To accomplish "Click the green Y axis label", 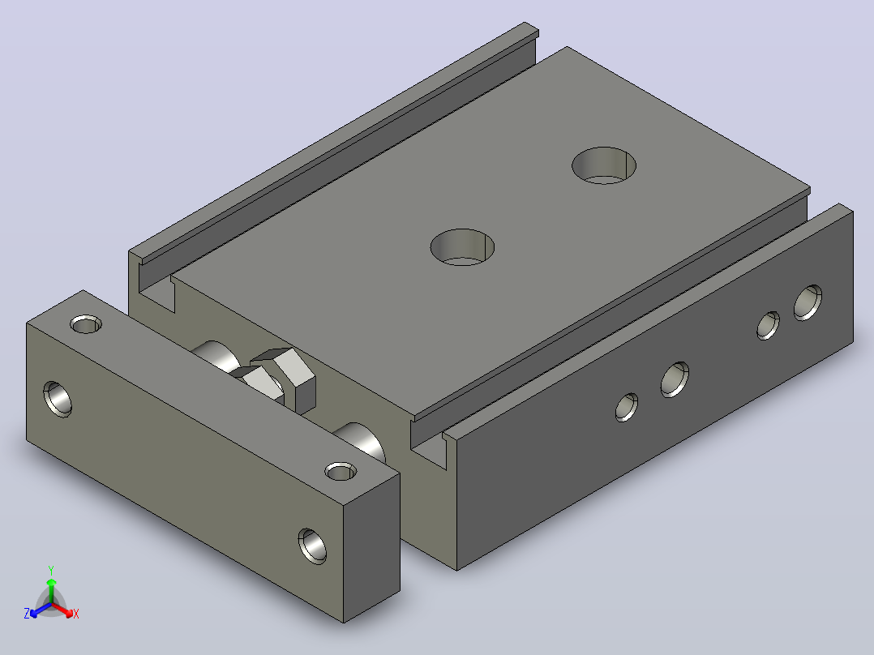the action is pos(51,570).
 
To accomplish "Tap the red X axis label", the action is pos(76,614).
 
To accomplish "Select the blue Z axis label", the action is pos(27,614).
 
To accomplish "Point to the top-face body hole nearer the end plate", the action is pos(462,247).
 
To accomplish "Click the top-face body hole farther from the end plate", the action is pos(604,165).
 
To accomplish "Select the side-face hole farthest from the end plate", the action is pos(808,302).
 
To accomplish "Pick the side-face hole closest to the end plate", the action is pos(627,407).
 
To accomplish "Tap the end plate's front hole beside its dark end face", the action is pos(312,546).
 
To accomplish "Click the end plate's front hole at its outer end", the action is pos(58,399).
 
